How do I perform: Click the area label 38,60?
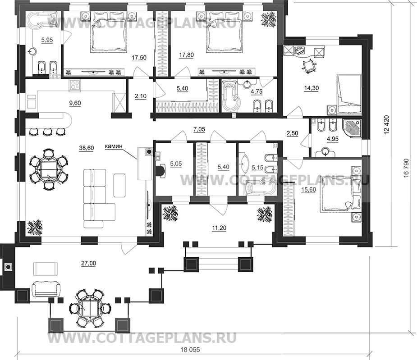[87, 148]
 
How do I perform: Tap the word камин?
[114, 146]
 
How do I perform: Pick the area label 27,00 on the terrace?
[89, 263]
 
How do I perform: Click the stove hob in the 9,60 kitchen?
[75, 85]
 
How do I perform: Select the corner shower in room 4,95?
[353, 129]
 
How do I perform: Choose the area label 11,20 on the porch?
[219, 228]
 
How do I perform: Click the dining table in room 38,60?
[48, 169]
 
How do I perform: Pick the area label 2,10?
[141, 96]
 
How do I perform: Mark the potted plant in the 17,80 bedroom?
[269, 19]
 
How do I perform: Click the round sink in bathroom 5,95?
[33, 50]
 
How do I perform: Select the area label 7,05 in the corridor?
[199, 129]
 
